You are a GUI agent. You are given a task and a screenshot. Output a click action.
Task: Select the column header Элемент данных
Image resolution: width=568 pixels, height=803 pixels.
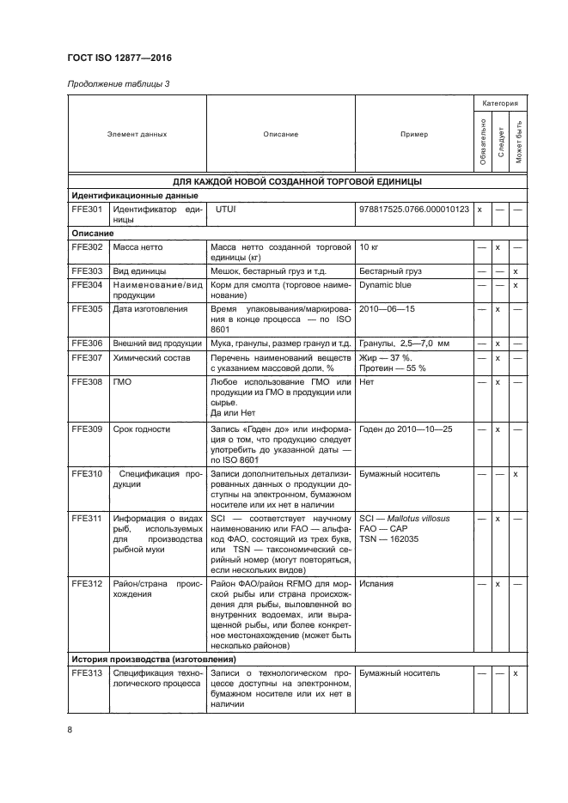point(137,134)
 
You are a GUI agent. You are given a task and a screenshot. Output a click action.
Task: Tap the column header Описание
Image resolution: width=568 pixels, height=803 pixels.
point(280,134)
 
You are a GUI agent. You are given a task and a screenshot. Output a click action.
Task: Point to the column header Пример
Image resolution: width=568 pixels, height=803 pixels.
point(414,134)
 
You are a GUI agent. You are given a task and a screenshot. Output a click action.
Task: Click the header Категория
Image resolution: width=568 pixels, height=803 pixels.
point(499,102)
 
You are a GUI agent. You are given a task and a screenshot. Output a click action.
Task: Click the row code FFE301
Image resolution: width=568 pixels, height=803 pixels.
point(88,209)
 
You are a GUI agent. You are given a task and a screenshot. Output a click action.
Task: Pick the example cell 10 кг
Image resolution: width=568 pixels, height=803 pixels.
point(370,247)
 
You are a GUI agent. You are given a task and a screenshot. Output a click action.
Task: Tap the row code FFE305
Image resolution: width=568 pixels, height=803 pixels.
point(88,308)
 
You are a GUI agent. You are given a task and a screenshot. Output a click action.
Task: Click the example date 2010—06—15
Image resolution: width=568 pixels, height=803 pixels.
point(387,308)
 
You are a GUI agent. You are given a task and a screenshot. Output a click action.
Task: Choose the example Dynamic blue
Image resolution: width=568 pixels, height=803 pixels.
point(385,284)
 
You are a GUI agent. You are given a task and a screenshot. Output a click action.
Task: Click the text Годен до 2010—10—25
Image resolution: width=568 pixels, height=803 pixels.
point(406,429)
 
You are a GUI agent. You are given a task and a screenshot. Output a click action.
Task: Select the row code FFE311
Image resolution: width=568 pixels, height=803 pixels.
point(88,519)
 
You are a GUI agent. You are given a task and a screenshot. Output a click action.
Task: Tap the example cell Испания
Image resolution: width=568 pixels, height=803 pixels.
point(376,583)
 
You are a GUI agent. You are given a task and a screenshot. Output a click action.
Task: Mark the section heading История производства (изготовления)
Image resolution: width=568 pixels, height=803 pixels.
point(154,658)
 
